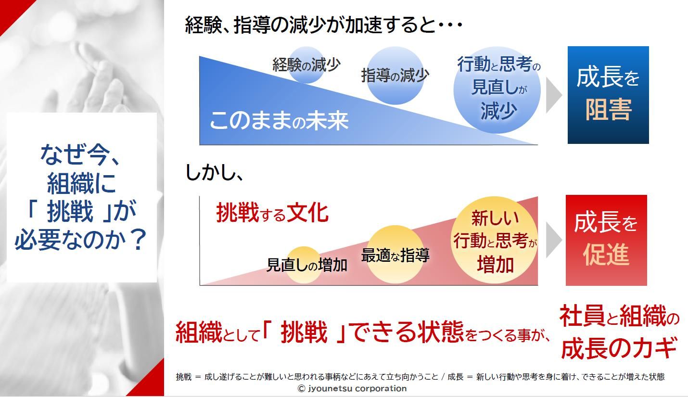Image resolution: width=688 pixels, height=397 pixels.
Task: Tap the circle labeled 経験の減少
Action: click(x=306, y=65)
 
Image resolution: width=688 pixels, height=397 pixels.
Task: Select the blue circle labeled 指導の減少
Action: click(x=395, y=76)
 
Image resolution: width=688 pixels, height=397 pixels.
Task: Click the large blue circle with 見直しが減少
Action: click(x=497, y=90)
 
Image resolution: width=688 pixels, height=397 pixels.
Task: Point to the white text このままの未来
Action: click(x=279, y=120)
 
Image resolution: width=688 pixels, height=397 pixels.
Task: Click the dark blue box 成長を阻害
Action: click(x=608, y=95)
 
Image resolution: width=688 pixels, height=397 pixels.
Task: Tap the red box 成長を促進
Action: click(x=606, y=240)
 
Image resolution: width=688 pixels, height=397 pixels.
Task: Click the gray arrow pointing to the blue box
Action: click(x=554, y=95)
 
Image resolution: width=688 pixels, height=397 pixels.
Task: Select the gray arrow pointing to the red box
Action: click(x=554, y=240)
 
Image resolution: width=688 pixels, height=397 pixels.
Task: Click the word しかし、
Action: click(x=215, y=173)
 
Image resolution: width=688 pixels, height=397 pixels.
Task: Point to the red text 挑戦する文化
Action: click(x=272, y=213)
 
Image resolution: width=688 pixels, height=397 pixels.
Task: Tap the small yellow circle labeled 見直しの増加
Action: click(x=304, y=265)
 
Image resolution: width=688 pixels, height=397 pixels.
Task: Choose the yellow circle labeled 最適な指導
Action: click(x=395, y=255)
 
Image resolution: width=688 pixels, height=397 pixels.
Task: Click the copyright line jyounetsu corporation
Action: click(x=352, y=388)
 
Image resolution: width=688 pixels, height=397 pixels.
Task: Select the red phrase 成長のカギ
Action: click(x=619, y=348)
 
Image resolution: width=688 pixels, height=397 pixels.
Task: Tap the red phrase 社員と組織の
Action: click(x=619, y=316)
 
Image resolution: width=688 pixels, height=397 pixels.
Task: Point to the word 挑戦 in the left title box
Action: click(x=70, y=211)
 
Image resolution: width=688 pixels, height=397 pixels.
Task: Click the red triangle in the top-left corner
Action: click(x=13, y=13)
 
